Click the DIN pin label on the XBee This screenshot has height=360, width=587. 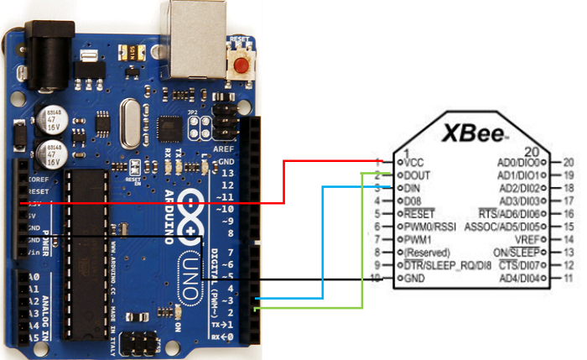pos(413,188)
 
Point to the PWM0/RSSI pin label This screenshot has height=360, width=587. pos(429,226)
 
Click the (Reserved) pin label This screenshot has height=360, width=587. pos(429,252)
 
